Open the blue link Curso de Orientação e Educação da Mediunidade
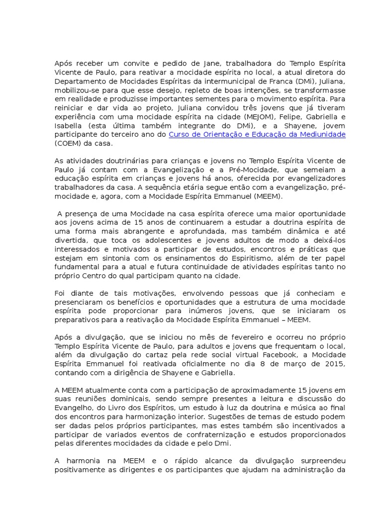tap(257, 135)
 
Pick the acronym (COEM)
tap(70, 144)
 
